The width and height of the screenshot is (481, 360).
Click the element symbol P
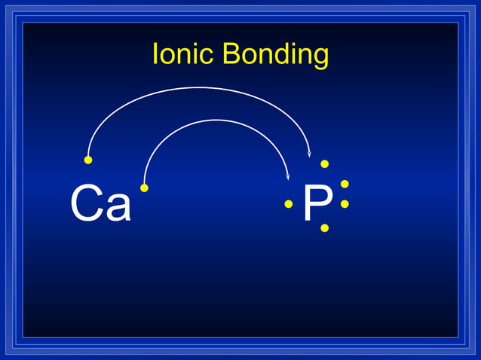point(317,203)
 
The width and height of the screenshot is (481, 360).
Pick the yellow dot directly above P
point(324,163)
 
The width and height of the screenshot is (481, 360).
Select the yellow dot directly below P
point(324,227)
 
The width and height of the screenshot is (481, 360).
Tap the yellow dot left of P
point(288,203)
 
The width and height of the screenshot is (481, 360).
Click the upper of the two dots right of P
point(345,184)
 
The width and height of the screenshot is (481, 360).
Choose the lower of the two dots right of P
point(345,203)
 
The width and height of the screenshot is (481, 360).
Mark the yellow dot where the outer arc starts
point(88,160)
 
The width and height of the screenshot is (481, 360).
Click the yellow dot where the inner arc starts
point(144,188)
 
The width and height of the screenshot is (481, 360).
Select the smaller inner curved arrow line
point(216,121)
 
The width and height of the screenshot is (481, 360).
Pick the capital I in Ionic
point(155,54)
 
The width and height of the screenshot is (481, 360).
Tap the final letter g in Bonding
point(321,57)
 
